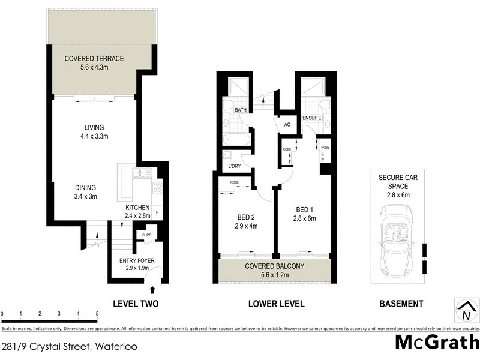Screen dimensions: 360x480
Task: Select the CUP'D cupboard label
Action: pos(146,235)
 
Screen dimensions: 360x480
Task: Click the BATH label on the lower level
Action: pos(241,110)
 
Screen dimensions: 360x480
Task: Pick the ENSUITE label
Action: pos(312,118)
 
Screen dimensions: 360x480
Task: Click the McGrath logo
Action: pos(437,342)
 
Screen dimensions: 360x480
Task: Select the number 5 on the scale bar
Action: pos(97,314)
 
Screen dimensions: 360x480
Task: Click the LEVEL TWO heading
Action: pos(136,304)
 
